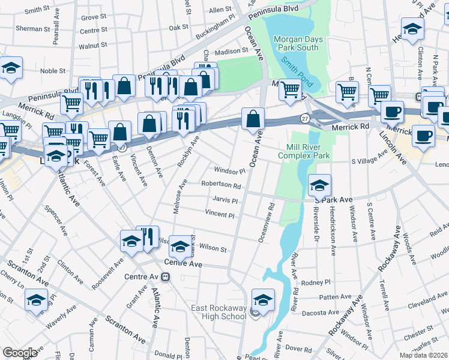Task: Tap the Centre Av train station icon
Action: pyautogui.click(x=165, y=277)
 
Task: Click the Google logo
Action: pyautogui.click(x=20, y=353)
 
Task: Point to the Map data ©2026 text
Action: pyautogui.click(x=423, y=355)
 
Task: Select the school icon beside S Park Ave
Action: pyautogui.click(x=320, y=186)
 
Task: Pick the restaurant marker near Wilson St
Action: pyautogui.click(x=148, y=236)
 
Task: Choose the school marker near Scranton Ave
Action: pyautogui.click(x=37, y=299)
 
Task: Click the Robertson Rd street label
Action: pyautogui.click(x=221, y=186)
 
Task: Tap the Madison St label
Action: pyautogui.click(x=228, y=52)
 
